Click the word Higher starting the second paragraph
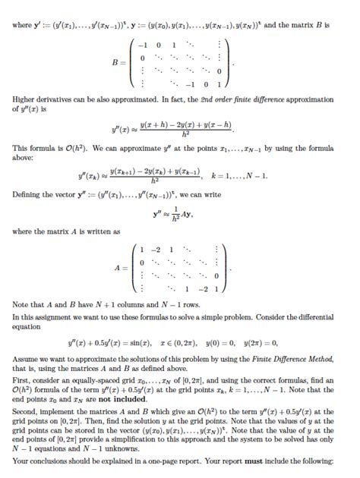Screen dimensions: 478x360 click(25, 99)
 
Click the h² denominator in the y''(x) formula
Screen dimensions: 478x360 click(176, 131)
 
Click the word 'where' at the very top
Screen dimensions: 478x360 click(23, 25)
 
